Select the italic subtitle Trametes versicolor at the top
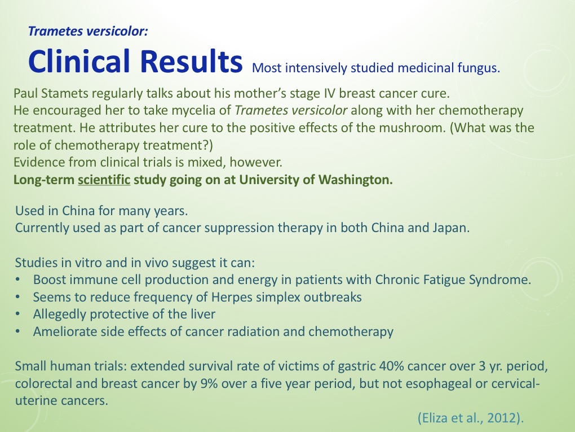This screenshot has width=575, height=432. pyautogui.click(x=88, y=31)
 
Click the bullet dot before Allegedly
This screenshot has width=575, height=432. pyautogui.click(x=19, y=314)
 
